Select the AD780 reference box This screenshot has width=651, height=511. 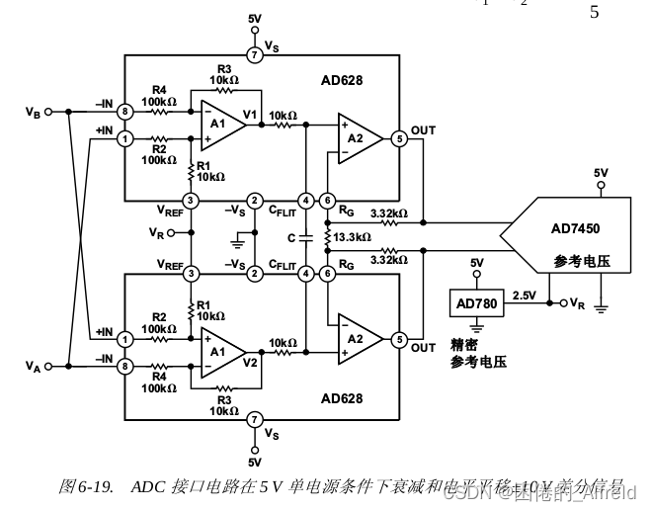[475, 301]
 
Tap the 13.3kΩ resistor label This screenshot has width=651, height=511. [352, 237]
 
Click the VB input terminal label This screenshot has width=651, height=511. [33, 112]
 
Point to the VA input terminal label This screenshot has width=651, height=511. [33, 367]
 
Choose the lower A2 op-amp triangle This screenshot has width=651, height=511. [357, 339]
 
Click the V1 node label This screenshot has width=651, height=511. [250, 114]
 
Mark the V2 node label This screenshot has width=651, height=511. [250, 362]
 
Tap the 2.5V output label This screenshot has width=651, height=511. [524, 295]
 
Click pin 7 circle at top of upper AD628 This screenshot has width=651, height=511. [255, 55]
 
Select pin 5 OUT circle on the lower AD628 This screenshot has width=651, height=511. [399, 339]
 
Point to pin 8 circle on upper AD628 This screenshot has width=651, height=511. [125, 112]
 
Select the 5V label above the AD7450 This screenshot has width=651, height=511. [601, 173]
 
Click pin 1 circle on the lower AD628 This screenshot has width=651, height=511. [125, 339]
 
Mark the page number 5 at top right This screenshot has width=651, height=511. [594, 13]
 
